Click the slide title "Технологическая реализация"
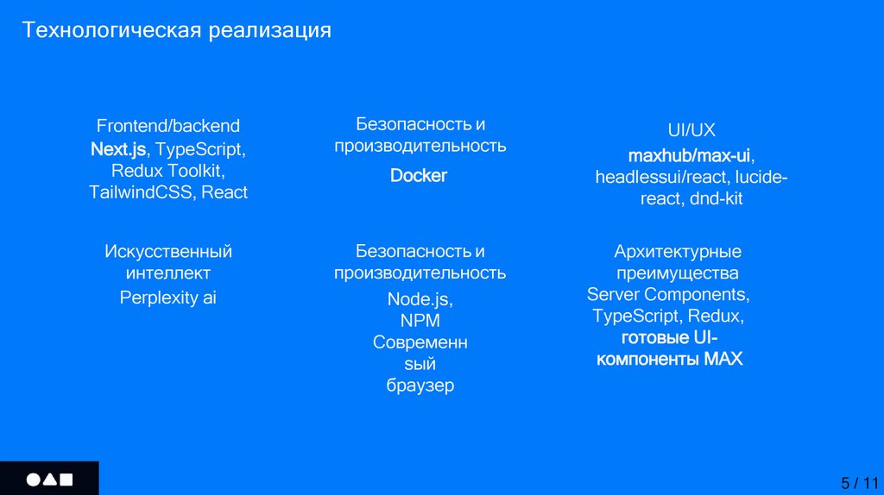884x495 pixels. (x=177, y=31)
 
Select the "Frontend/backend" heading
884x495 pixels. (x=168, y=126)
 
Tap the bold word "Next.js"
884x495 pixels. (x=118, y=148)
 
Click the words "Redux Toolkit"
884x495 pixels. (x=168, y=171)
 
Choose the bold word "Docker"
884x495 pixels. (x=419, y=176)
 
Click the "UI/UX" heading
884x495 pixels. (x=691, y=131)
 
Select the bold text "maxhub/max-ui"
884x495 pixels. (x=689, y=156)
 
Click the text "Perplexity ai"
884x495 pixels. (x=168, y=298)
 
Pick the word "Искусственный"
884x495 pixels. (x=168, y=252)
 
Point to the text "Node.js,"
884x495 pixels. (x=420, y=299)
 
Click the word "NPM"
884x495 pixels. (x=420, y=321)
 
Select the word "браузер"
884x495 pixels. (x=420, y=385)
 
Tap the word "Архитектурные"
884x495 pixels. (x=678, y=252)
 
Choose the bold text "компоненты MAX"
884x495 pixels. (x=669, y=359)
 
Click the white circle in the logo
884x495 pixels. (x=33, y=479)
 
